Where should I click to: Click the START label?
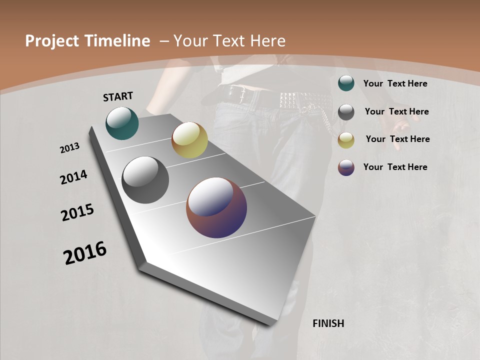point(118,96)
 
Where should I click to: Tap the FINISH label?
point(328,323)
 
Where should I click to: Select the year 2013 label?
point(70,148)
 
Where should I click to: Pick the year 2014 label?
point(73,177)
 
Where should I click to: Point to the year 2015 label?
point(77,212)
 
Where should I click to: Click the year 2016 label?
point(85,252)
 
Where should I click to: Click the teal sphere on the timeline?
point(122,123)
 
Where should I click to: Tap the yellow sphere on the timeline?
point(189,140)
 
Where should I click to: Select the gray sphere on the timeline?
point(145,180)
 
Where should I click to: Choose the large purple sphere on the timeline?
point(216,207)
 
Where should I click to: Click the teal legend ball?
point(346,83)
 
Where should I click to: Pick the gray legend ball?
point(346,112)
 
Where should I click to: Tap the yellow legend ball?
point(346,140)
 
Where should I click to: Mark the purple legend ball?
point(346,167)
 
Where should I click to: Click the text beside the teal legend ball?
point(395,83)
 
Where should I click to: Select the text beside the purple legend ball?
point(395,167)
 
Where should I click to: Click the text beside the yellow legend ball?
point(397,139)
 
